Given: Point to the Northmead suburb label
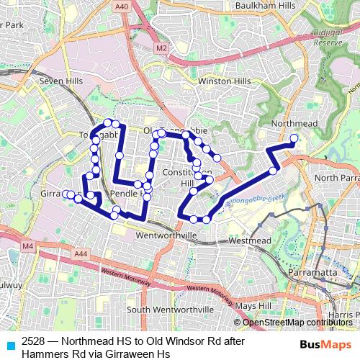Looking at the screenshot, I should (x=294, y=124).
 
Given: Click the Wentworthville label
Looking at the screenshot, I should (x=166, y=235).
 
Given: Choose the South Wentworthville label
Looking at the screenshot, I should (x=166, y=310).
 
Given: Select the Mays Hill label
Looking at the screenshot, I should (x=252, y=305).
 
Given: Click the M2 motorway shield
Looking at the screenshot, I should (x=161, y=48).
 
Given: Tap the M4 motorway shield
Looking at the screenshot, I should (x=28, y=247).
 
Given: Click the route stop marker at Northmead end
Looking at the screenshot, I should (x=294, y=138).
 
